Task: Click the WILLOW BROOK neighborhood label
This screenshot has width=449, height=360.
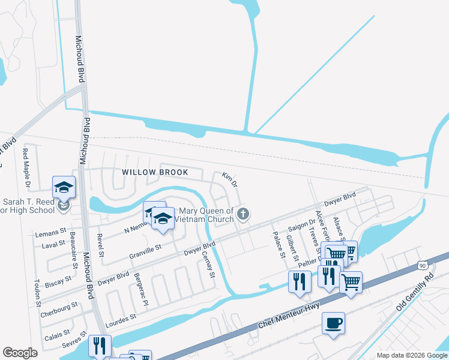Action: [x=155, y=172]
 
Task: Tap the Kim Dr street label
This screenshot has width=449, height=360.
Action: [x=230, y=178]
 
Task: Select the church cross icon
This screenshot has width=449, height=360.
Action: [x=243, y=214]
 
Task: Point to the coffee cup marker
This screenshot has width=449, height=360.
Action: [x=333, y=324]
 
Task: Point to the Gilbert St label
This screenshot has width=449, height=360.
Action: [x=293, y=247]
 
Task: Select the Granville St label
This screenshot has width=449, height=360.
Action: [x=146, y=251]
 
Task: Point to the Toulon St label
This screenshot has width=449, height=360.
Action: [x=37, y=292]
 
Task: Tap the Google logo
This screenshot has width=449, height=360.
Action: [x=20, y=353]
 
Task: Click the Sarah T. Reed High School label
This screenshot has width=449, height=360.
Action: [x=28, y=206]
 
